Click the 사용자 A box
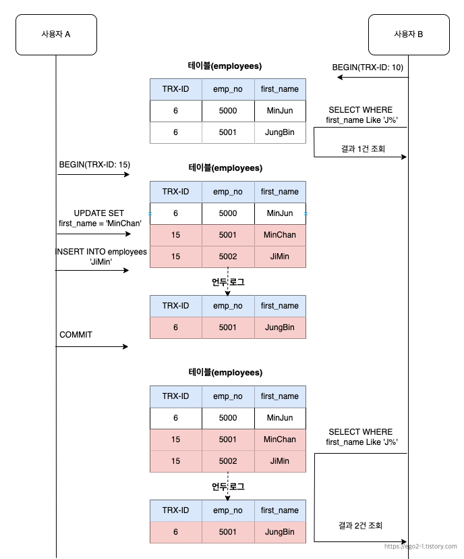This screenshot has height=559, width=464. (56, 35)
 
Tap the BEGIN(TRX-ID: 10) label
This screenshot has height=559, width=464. (368, 68)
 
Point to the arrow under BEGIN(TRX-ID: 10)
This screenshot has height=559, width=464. (372, 78)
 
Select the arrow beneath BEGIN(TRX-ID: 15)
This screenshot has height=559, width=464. (93, 174)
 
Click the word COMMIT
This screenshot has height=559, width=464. (76, 335)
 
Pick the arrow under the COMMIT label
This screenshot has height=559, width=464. (92, 346)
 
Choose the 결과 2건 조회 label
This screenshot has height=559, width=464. (361, 525)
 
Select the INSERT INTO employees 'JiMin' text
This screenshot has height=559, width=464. (100, 257)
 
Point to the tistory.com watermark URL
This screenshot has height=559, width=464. (420, 547)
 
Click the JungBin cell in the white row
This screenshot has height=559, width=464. (280, 132)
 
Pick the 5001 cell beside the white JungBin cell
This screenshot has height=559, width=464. (227, 132)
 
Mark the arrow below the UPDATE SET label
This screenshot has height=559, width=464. (93, 234)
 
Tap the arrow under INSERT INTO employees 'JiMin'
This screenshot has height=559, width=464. (92, 270)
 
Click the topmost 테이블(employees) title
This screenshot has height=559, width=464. (225, 66)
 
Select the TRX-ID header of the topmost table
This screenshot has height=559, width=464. (175, 89)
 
